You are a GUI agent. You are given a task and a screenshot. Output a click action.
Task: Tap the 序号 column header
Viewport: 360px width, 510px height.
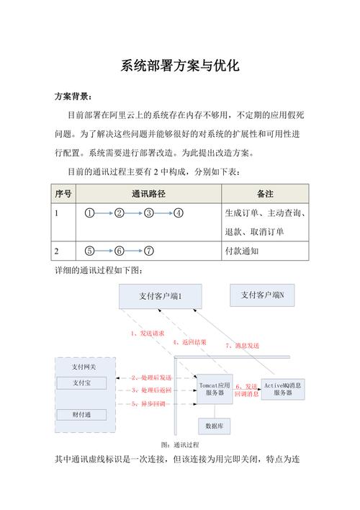[x=63, y=194]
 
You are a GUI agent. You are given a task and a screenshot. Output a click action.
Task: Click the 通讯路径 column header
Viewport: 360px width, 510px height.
[x=148, y=194]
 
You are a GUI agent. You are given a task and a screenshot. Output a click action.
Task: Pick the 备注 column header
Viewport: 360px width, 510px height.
[x=265, y=194]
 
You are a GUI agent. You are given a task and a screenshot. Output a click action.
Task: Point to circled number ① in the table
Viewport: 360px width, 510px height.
[x=90, y=213]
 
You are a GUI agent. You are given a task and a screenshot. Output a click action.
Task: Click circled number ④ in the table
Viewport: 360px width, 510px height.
[x=178, y=213]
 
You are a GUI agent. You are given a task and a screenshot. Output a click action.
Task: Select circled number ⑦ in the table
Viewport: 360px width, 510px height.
[x=149, y=251]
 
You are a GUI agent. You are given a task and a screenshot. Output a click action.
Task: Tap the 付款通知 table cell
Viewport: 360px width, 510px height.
[x=245, y=251]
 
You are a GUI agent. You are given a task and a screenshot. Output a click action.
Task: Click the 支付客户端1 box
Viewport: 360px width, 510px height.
[x=160, y=296]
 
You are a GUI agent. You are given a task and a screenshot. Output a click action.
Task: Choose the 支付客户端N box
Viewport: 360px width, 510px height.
[x=262, y=295]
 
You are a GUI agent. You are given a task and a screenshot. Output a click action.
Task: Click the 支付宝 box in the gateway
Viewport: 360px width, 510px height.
[x=81, y=382]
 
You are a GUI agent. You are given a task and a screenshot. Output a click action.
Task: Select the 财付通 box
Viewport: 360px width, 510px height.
[x=81, y=414]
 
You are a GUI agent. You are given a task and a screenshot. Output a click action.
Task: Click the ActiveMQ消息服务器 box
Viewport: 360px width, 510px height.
[x=282, y=389]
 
